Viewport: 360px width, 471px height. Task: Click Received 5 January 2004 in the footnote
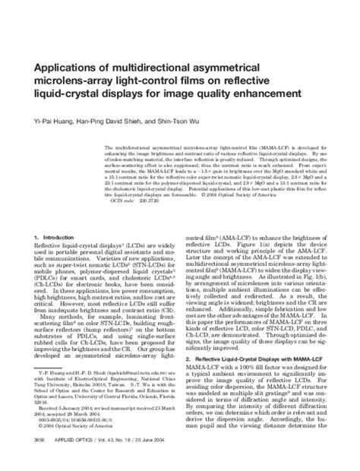[66, 407]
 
